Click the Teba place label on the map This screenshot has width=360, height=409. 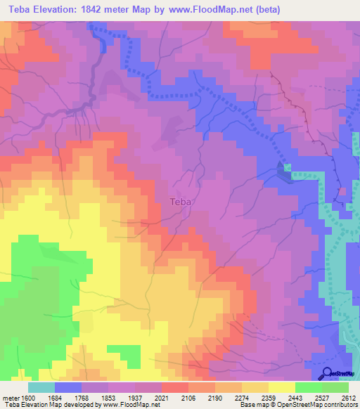click(181, 202)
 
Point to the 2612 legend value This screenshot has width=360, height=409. click(349, 398)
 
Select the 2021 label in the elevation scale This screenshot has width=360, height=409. click(161, 398)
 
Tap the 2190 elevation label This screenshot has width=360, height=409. click(215, 398)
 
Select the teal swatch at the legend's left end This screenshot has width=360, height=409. click(41, 387)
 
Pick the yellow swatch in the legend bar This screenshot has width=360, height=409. click(281, 387)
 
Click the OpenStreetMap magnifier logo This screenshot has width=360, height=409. click(328, 374)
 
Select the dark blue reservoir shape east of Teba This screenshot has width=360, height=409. click(283, 171)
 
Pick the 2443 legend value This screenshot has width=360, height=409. click(295, 398)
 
